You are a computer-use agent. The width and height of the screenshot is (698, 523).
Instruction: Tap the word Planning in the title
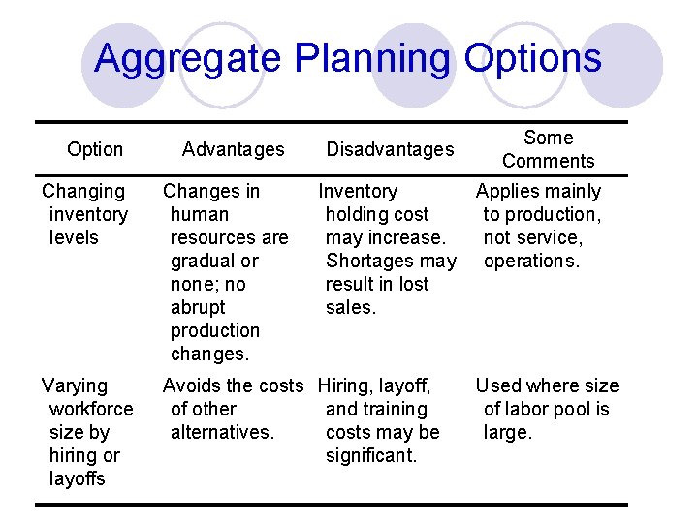click(x=370, y=59)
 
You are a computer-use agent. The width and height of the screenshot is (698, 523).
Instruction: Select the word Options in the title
click(x=532, y=59)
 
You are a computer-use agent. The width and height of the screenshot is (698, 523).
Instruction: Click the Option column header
click(x=95, y=149)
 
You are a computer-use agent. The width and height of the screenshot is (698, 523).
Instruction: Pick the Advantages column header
click(x=233, y=149)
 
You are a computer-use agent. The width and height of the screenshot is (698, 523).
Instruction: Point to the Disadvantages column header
click(x=390, y=149)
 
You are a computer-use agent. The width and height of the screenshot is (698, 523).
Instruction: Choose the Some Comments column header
click(x=548, y=149)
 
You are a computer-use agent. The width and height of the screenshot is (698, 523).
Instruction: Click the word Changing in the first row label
click(x=83, y=192)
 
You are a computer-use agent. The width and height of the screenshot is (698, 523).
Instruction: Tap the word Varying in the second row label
click(x=75, y=386)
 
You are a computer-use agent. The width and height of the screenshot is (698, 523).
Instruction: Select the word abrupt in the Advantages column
click(x=198, y=307)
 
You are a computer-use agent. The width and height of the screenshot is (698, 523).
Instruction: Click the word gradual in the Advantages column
click(x=206, y=261)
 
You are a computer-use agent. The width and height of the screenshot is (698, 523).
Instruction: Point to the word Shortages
click(x=372, y=261)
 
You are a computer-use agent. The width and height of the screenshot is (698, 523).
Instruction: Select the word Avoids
click(x=191, y=386)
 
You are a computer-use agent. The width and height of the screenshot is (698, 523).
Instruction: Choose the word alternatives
click(x=221, y=433)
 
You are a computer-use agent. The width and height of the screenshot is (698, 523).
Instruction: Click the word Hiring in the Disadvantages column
click(x=345, y=386)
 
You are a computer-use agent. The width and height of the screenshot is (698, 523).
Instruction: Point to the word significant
click(x=371, y=456)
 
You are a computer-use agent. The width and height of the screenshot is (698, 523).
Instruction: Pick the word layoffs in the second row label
click(x=77, y=479)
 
